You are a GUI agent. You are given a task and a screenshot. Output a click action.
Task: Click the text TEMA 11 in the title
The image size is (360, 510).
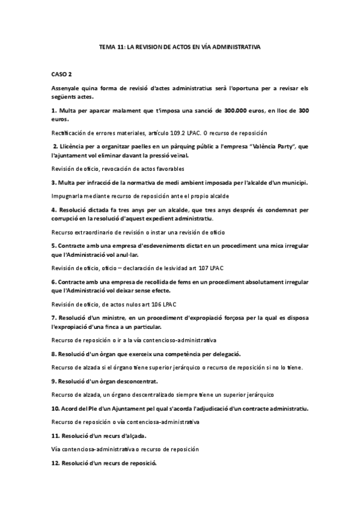[112, 46]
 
